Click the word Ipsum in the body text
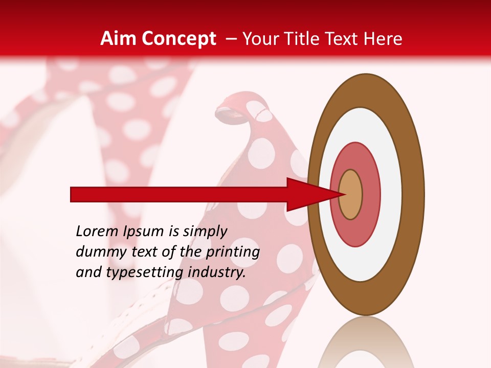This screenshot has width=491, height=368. tap(144, 232)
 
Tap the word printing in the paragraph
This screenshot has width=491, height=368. tap(232, 252)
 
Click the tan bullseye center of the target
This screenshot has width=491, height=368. tap(351, 195)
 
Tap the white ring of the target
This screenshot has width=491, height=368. tap(391, 195)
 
